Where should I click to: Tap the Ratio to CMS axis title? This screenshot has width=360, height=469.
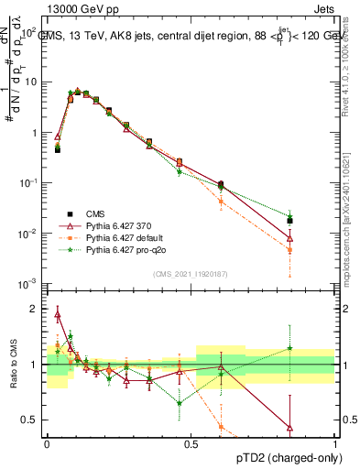[12, 365]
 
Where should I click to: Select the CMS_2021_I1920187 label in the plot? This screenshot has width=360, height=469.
[191, 274]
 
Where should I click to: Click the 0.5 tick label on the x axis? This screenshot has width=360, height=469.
[191, 442]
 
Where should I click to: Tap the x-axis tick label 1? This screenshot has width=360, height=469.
[335, 442]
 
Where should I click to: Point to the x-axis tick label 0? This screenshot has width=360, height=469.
[47, 442]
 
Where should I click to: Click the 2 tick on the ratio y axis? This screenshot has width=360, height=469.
[35, 309]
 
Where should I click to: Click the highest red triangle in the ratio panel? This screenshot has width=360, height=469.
[58, 315]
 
